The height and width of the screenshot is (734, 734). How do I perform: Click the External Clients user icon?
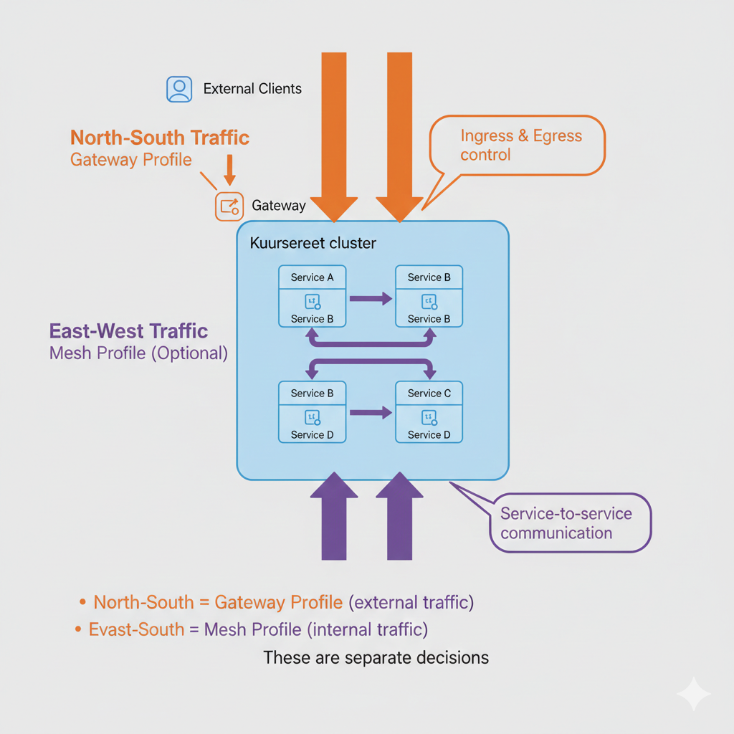(179, 89)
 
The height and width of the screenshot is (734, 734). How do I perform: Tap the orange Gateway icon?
(229, 206)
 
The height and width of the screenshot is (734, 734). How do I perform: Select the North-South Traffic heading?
(160, 138)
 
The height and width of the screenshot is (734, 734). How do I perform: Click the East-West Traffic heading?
(128, 331)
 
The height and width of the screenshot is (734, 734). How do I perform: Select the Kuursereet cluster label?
(313, 243)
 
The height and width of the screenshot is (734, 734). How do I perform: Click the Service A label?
(312, 277)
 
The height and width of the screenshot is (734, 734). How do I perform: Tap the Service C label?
(429, 393)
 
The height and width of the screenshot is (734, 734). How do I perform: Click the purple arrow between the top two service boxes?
(370, 298)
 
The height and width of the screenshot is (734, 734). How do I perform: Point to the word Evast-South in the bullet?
(136, 629)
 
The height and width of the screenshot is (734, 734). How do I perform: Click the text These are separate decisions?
(376, 657)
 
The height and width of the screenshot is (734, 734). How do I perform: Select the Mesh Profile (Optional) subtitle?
(138, 353)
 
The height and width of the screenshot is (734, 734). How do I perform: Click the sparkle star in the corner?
(694, 693)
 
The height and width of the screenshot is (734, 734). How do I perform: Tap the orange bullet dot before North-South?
(84, 602)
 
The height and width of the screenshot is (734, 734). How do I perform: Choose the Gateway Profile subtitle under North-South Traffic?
(131, 159)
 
